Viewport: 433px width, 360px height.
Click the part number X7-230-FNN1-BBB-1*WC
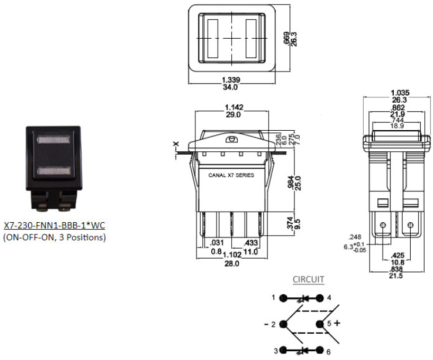point(55,225)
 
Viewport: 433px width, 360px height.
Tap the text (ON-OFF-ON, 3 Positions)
point(55,237)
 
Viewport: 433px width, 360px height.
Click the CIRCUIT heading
point(308,279)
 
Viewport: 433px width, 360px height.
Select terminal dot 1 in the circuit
point(283,298)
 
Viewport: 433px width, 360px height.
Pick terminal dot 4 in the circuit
point(320,298)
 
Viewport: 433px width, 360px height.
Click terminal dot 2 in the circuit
point(283,324)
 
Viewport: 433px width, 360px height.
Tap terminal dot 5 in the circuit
point(320,324)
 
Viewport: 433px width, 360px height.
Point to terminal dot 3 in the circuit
point(283,350)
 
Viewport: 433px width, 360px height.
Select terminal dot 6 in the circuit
point(320,350)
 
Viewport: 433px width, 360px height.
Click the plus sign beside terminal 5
point(337,323)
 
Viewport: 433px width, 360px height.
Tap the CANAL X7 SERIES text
point(231,175)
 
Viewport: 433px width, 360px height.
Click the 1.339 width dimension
point(231,80)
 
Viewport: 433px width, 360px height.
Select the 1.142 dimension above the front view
point(234,107)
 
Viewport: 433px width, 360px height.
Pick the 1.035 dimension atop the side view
point(400,93)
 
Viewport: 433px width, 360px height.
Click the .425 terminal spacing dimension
point(398,255)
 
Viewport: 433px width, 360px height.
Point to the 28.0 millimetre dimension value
point(232,264)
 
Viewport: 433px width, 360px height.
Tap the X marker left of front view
point(176,144)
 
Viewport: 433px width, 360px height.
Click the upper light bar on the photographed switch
point(53,140)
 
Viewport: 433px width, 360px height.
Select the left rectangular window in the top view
point(212,39)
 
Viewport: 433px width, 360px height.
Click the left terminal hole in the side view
point(383,225)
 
